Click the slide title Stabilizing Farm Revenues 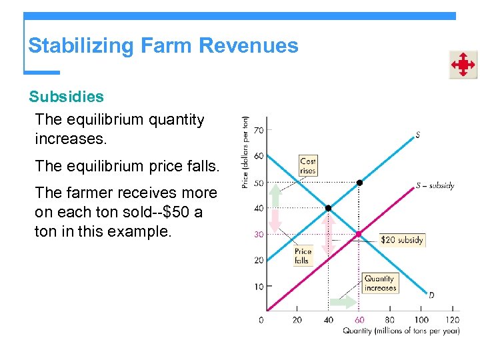163,46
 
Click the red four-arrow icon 463,65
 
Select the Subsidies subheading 66,97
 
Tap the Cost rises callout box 308,165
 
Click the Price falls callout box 303,256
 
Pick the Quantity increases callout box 380,283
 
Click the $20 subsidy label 401,240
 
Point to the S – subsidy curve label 435,185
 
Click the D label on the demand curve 431,295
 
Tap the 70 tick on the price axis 259,130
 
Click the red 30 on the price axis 259,234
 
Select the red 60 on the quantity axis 359,320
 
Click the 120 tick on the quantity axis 453,320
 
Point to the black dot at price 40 328,208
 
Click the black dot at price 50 359,182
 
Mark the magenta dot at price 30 359,234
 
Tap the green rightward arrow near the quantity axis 344,302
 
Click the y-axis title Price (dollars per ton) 245,152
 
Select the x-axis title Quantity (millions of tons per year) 401,331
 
